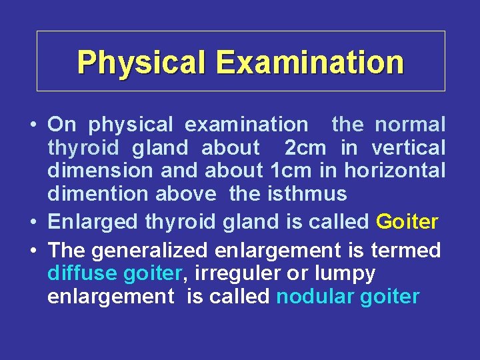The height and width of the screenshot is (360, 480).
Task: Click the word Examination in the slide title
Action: tap(309, 62)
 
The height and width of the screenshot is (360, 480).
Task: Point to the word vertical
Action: tap(408, 147)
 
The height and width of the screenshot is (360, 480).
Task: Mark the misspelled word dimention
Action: tap(98, 194)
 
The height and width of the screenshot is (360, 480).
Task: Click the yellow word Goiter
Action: tap(407, 221)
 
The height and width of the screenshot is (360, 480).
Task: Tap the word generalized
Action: tap(151, 251)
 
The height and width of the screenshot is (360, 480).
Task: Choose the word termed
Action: tap(405, 251)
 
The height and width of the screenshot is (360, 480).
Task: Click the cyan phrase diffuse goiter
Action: tap(115, 273)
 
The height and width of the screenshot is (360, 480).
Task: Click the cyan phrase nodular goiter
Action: tap(347, 297)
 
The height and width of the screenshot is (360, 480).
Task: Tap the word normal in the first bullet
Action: tap(410, 124)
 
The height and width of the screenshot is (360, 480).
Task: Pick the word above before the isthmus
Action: tap(186, 194)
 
